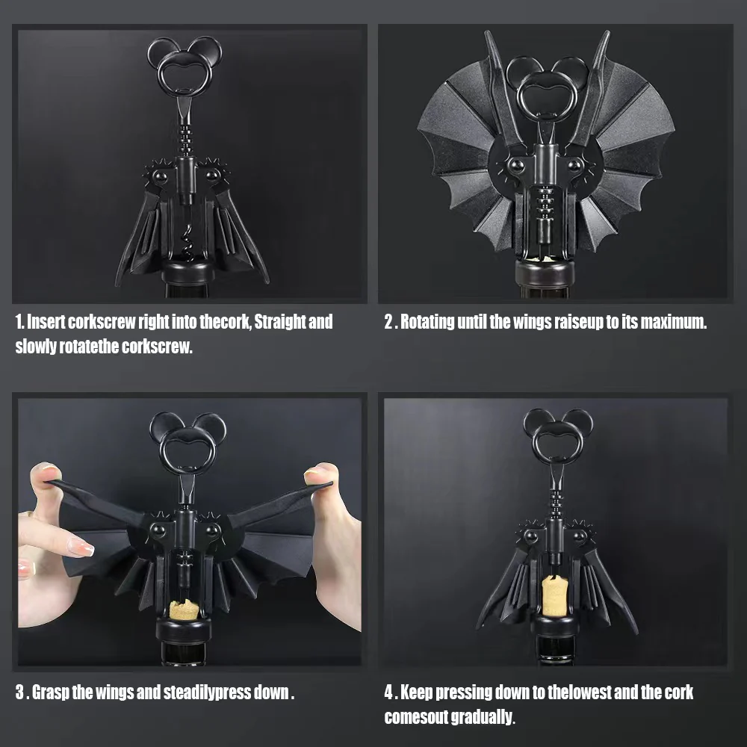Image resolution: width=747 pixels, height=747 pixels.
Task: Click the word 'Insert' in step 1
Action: coord(46,322)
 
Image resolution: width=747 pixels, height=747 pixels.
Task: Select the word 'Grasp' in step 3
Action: coord(50,692)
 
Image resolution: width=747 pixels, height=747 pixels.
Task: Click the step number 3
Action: coord(19,692)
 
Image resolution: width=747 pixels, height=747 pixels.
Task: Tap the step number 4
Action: coord(388,692)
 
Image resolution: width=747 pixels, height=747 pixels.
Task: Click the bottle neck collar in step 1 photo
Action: coord(187,272)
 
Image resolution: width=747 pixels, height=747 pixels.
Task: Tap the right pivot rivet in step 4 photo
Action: coord(580,536)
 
